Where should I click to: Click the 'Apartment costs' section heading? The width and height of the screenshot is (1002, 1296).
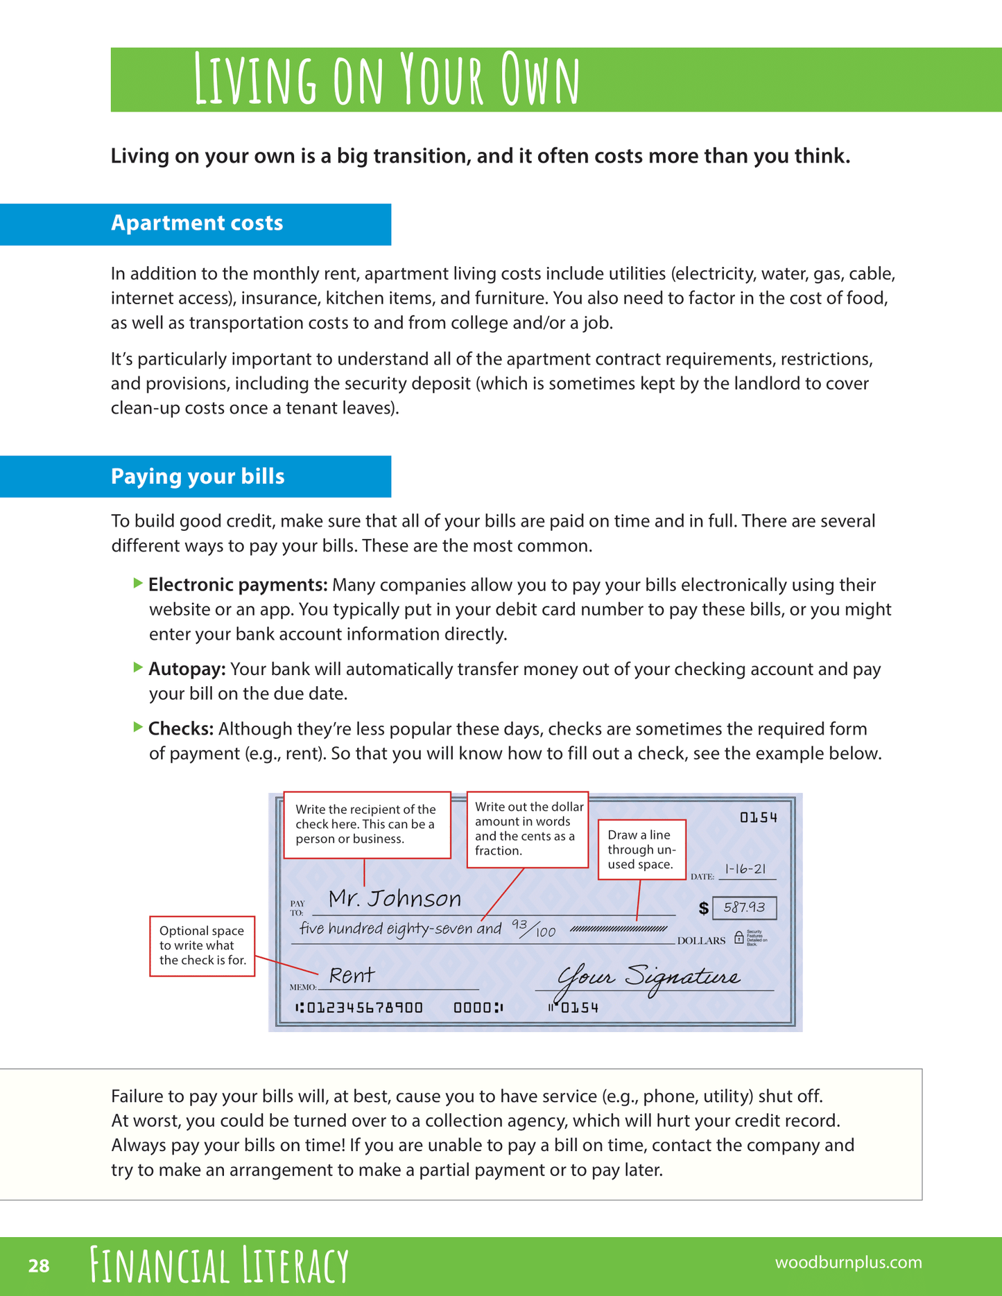click(x=197, y=223)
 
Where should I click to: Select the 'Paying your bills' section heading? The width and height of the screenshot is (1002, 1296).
click(x=198, y=477)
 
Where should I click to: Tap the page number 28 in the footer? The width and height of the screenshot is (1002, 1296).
click(x=39, y=1266)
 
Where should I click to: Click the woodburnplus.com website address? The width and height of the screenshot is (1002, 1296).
click(x=848, y=1262)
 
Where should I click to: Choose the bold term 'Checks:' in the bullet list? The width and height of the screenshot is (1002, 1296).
click(x=181, y=729)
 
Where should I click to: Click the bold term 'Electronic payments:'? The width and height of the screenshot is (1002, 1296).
click(x=238, y=585)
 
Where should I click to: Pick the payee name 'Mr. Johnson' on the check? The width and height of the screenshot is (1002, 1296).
click(x=395, y=899)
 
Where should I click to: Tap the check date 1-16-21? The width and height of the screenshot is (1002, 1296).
click(x=745, y=869)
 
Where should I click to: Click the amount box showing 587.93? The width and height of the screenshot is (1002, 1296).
click(x=744, y=907)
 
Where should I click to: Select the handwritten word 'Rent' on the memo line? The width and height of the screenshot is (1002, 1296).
click(x=352, y=976)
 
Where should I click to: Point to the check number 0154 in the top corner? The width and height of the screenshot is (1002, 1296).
click(x=759, y=818)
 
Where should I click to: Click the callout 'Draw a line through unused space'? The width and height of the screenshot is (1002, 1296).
click(x=641, y=850)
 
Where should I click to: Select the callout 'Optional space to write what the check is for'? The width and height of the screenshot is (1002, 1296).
click(x=202, y=946)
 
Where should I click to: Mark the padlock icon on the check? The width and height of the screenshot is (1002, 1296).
click(x=738, y=938)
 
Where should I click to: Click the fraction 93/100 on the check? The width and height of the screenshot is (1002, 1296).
click(x=533, y=928)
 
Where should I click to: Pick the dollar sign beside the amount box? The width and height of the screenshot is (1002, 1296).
click(x=703, y=908)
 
